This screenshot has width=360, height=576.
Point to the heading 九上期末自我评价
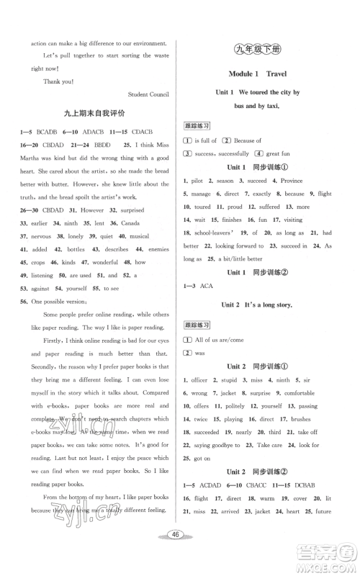94,113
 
